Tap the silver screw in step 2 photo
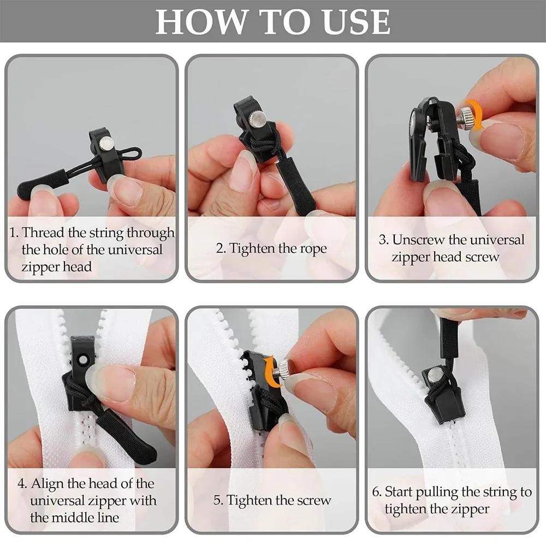click(258, 117)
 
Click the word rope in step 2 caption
click(313, 248)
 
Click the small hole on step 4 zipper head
click(84, 361)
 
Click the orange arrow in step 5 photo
click(269, 373)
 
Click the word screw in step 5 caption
click(313, 500)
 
